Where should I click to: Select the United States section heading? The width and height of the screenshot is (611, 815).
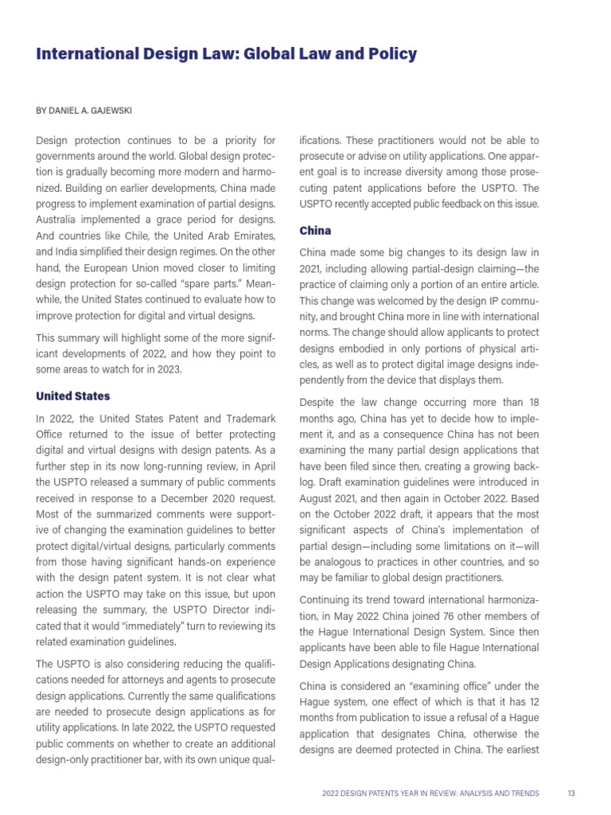[73, 396]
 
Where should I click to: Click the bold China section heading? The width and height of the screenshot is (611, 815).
[315, 231]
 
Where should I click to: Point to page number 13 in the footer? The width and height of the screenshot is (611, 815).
[571, 794]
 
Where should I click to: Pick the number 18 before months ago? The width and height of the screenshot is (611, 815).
[533, 403]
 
